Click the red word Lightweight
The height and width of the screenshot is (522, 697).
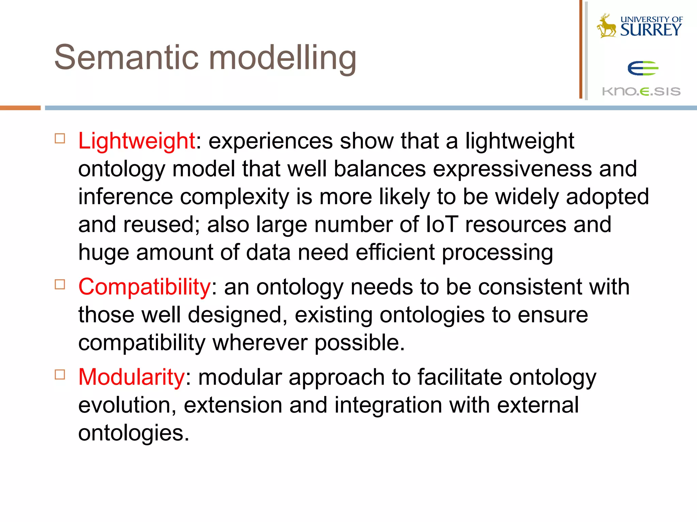(136, 141)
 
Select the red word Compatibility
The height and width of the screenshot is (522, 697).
(145, 287)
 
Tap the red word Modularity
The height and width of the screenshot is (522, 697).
(131, 377)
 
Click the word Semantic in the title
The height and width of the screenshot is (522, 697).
(126, 58)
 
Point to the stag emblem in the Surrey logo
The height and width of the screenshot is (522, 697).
(606, 26)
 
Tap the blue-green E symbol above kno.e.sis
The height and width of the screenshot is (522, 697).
(643, 68)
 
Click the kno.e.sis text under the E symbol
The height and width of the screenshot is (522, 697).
(641, 91)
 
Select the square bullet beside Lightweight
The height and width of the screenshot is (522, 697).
(60, 139)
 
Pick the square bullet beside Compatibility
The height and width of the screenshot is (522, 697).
(60, 284)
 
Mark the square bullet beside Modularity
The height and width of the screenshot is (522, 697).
(60, 375)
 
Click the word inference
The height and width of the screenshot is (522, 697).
(125, 197)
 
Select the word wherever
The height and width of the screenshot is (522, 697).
(260, 343)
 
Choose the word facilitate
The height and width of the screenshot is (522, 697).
(459, 377)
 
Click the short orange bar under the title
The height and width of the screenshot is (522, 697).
(20, 108)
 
